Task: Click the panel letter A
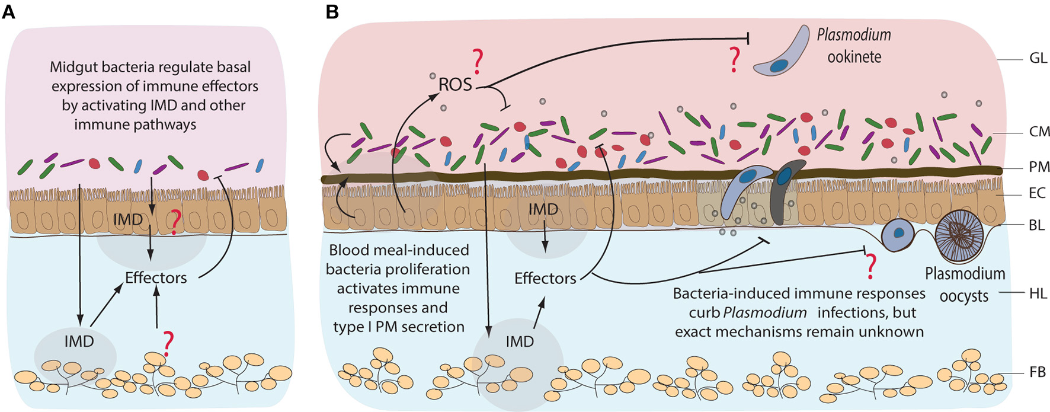[x=8, y=11]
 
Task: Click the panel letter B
[x=332, y=11]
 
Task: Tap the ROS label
[x=455, y=84]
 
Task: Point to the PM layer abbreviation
[x=1039, y=167]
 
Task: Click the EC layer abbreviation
[x=1038, y=193]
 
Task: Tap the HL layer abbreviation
[x=1038, y=293]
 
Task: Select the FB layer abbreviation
[x=1038, y=373]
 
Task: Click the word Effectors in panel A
[x=156, y=277]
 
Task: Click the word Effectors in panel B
[x=545, y=278]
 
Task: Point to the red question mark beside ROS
[x=477, y=62]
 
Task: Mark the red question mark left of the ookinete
[x=735, y=60]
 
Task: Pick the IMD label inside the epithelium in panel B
[x=543, y=209]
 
